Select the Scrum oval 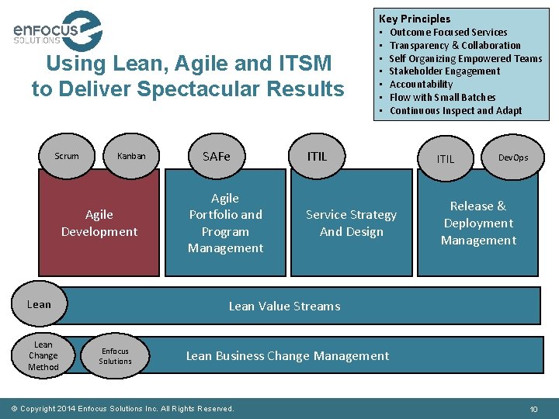tap(67, 156)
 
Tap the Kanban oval tap(131, 156)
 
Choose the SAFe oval tap(217, 156)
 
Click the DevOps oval tap(512, 158)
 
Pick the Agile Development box tap(99, 223)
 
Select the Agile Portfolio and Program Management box tap(225, 223)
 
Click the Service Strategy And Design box tap(351, 223)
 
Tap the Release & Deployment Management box tap(478, 223)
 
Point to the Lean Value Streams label tap(284, 306)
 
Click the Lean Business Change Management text tap(287, 356)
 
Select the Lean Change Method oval tap(43, 356)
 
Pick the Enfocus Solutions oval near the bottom tap(115, 356)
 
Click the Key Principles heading tap(415, 19)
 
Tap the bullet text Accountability tap(421, 85)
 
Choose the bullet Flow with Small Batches tap(442, 98)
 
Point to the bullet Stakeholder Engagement tap(444, 71)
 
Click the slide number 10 tap(533, 409)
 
